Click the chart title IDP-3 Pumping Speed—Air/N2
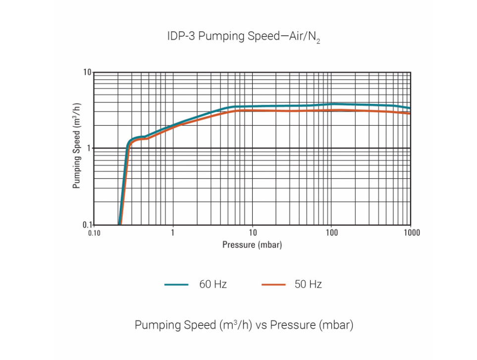(x=243, y=37)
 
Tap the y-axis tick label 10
(x=87, y=73)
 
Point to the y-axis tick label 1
(x=89, y=148)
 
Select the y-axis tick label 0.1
(x=87, y=224)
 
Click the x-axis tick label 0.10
(x=94, y=233)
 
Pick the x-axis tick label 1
(x=173, y=233)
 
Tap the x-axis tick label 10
(x=252, y=233)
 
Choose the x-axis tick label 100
(x=331, y=233)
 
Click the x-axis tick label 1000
(x=411, y=233)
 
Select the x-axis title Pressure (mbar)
(x=252, y=245)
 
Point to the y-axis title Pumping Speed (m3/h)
(x=77, y=146)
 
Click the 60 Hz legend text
(x=213, y=284)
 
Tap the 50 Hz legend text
(x=308, y=284)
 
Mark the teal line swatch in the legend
(x=176, y=285)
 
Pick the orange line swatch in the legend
(x=273, y=285)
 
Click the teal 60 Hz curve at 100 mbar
(x=331, y=104)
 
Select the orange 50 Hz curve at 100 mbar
(x=331, y=110)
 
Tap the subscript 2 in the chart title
(x=318, y=42)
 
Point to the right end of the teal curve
(x=410, y=108)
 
